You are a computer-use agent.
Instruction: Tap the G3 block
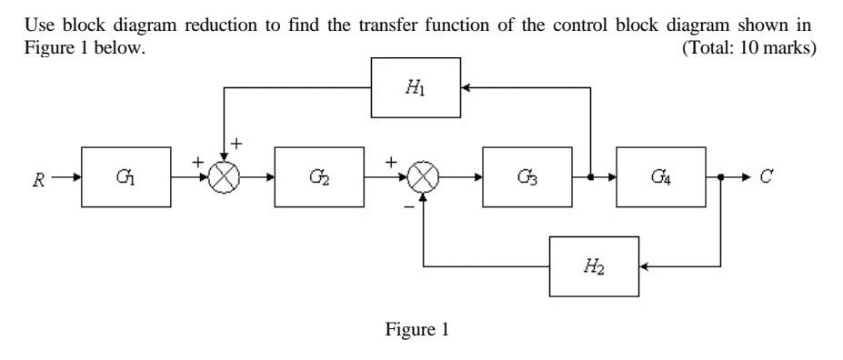(528, 176)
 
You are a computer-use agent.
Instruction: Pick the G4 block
(661, 176)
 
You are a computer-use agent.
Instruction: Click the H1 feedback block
(416, 87)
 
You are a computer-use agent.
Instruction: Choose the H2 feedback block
(594, 266)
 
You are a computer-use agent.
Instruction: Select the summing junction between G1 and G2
(224, 177)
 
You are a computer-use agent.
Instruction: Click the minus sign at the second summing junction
(409, 207)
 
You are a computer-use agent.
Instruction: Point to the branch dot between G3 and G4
(592, 177)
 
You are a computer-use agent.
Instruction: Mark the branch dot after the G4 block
(721, 177)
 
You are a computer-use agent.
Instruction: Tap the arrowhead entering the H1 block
(466, 87)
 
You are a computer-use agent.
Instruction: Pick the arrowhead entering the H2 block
(644, 266)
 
